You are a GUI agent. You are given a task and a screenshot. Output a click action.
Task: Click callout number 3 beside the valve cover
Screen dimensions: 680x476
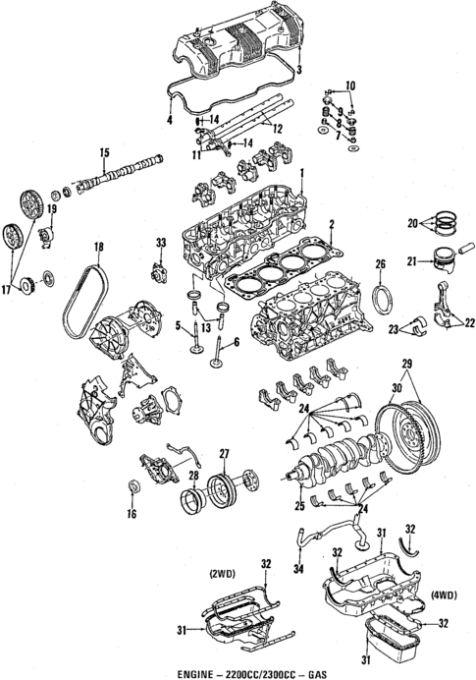[x=298, y=71]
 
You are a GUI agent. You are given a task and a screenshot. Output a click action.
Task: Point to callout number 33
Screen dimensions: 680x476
[x=161, y=243]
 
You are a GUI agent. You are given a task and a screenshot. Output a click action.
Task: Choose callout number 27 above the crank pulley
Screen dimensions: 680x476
[x=224, y=453]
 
